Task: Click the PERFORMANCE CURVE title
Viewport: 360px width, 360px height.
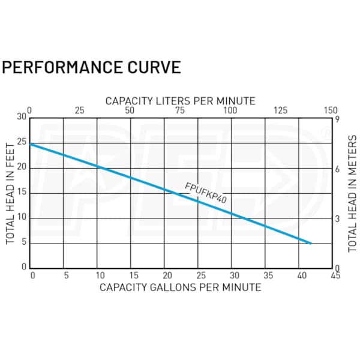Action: tap(91, 67)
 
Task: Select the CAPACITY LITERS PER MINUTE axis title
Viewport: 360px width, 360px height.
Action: tap(180, 100)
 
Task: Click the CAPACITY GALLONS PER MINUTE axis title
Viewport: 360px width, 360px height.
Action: tap(180, 287)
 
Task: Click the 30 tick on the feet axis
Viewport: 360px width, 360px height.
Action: tap(22, 117)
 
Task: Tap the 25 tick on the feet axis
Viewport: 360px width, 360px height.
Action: tap(22, 142)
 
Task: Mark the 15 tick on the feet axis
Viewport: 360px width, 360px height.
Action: tap(22, 192)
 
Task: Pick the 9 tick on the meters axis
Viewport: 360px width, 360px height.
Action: tap(338, 119)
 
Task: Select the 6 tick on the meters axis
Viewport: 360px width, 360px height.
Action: tap(338, 169)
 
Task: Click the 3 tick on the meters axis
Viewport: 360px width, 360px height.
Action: tap(338, 219)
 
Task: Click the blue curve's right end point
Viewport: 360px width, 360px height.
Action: tap(310, 243)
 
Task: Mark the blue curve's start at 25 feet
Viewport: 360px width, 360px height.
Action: tap(31, 144)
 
